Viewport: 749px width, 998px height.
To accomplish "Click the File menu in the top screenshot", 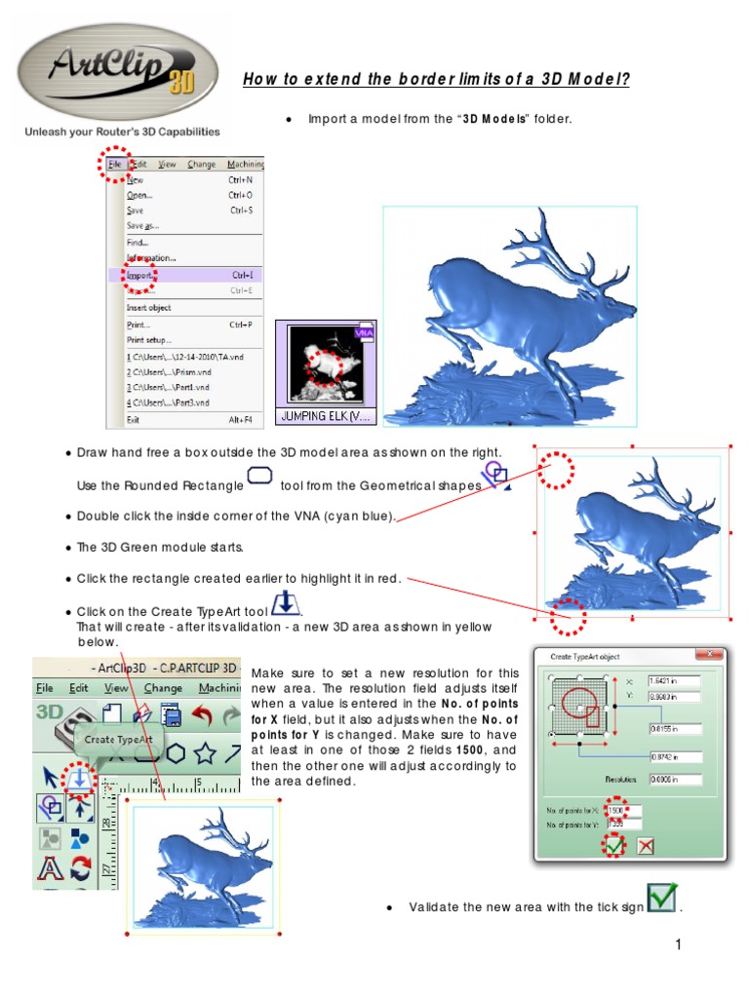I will pyautogui.click(x=115, y=165).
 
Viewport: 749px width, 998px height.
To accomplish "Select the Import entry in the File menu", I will pyautogui.click(x=138, y=275).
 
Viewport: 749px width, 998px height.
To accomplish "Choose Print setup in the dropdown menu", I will pyautogui.click(x=148, y=340).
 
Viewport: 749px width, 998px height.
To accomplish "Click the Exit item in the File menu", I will pyautogui.click(x=135, y=419).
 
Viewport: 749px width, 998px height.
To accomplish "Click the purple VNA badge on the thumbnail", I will pyautogui.click(x=364, y=332).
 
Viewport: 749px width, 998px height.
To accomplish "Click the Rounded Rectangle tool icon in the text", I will pyautogui.click(x=259, y=477).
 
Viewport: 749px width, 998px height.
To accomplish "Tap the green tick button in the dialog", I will pyautogui.click(x=613, y=846).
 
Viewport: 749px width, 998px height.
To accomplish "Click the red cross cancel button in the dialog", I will pyautogui.click(x=645, y=846).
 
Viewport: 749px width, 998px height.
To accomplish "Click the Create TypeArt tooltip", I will pyautogui.click(x=113, y=739).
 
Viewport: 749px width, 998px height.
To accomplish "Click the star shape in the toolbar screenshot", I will pyautogui.click(x=204, y=752).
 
